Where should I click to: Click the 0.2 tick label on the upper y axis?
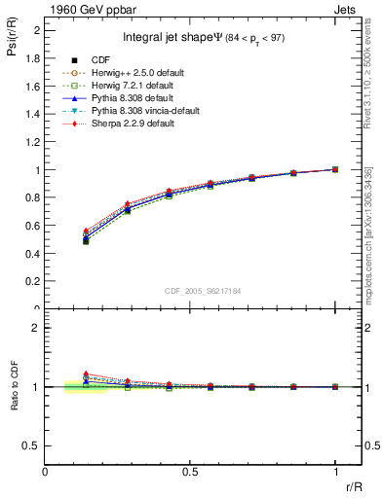[x=36, y=281]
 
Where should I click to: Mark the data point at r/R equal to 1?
[x=335, y=169]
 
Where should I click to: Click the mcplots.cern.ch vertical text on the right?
[x=371, y=233]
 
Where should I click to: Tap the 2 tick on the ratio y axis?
[x=36, y=328]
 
